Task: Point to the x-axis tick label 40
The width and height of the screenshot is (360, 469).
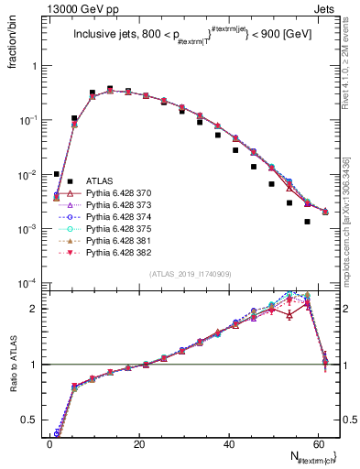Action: pos(229,442)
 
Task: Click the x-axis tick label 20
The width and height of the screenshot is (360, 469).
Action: pos(139,442)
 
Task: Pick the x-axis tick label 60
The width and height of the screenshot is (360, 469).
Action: pos(318,442)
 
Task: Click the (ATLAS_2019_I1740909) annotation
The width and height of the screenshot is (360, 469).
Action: pos(191,274)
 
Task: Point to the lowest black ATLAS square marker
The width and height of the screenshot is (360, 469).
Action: pos(307,222)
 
